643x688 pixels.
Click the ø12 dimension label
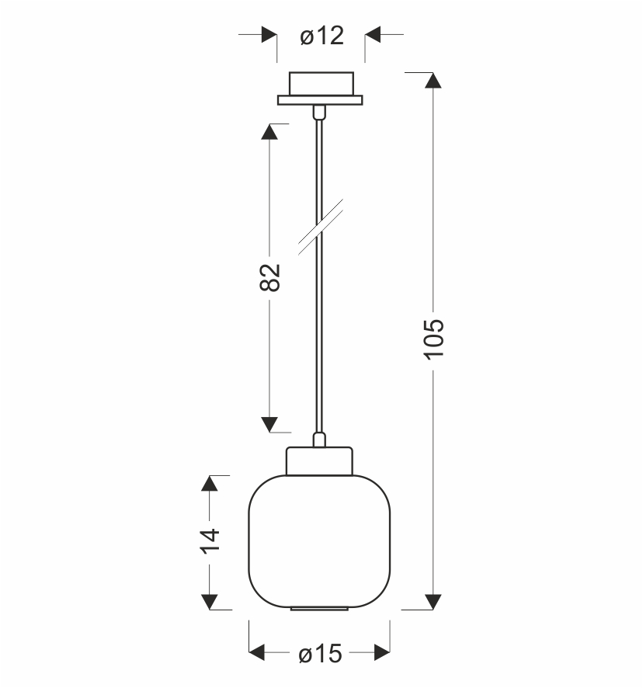pos(321,36)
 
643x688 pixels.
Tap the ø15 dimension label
pos(320,654)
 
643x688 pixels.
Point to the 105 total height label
pos(434,339)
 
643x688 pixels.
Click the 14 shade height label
pos(210,541)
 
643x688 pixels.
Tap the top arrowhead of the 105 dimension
pos(433,81)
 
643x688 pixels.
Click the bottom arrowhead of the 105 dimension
pos(433,602)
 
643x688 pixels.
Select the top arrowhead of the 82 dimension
pos(269,132)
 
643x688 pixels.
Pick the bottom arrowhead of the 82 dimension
pos(269,425)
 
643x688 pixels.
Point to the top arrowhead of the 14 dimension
pos(210,483)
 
